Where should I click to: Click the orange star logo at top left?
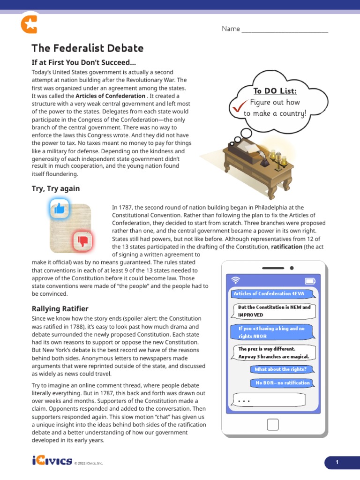coord(29,24)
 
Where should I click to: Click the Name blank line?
coord(284,31)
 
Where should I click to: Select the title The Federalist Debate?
coord(87,48)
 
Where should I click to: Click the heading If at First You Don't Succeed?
coord(83,63)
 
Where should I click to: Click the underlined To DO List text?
coord(275,91)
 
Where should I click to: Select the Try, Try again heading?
coord(55,188)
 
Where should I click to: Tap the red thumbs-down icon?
coord(83,241)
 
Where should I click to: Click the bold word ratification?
coord(286,247)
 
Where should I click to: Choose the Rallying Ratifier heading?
coord(60,308)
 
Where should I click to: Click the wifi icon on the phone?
coord(236,280)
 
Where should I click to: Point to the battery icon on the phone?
coord(310,281)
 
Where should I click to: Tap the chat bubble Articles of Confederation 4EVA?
coord(269,294)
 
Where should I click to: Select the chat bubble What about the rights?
coord(280,369)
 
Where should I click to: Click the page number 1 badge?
coord(337,463)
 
